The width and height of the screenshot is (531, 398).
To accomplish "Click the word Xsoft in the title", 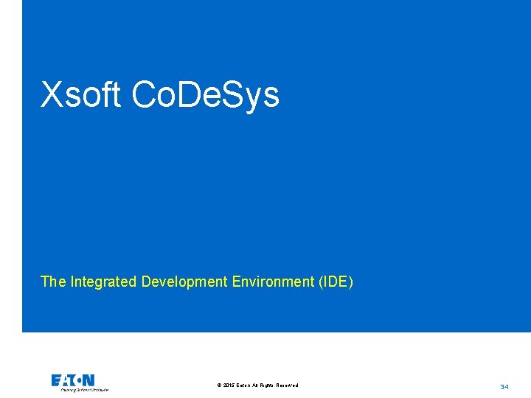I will [80, 95].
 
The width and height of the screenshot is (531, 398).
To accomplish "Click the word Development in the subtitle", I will [184, 282].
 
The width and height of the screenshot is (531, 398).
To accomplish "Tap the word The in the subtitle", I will [53, 282].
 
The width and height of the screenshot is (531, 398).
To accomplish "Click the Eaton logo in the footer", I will [73, 380].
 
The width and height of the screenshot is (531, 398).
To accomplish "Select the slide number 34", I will [504, 386].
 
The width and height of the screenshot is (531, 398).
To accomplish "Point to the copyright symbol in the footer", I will [220, 385].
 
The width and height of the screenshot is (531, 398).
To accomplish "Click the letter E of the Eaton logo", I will [56, 380].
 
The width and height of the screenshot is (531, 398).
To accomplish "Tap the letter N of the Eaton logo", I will [88, 380].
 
